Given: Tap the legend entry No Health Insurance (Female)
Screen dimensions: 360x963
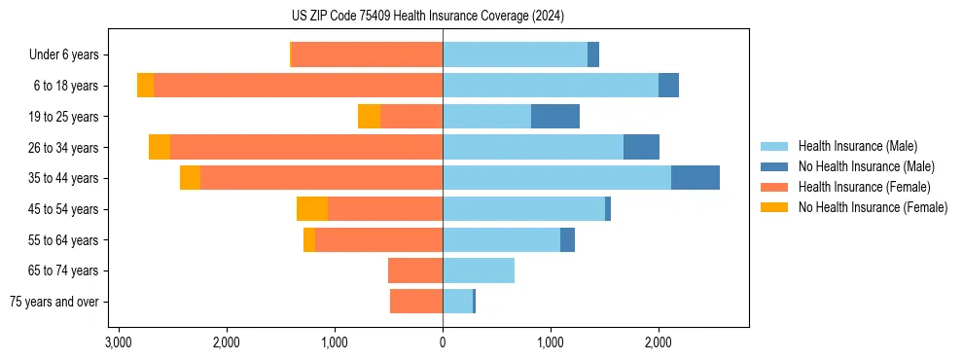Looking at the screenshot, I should [873, 207].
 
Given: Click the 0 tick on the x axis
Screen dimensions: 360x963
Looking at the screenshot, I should [443, 342].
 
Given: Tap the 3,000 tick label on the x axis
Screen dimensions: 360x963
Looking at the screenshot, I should [119, 342].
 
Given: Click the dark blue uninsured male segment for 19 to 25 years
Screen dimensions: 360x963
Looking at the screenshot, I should [555, 117].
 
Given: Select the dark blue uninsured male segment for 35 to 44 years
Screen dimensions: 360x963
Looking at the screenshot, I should [695, 178].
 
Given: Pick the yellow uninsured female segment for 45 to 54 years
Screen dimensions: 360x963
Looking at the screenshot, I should [312, 209].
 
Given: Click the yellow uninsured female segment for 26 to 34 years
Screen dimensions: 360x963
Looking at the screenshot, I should [160, 147].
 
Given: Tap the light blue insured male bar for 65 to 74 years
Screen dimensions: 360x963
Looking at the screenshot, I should [479, 270].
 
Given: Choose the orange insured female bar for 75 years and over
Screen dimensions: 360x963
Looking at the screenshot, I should [416, 302].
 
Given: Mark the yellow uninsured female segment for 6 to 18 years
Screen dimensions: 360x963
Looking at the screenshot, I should [145, 86].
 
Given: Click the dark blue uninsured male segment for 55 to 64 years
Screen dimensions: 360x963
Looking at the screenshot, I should [567, 239].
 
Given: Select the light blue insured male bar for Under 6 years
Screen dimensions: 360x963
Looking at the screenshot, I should [515, 55].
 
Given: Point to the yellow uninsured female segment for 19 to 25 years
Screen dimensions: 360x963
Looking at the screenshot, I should [369, 117].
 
